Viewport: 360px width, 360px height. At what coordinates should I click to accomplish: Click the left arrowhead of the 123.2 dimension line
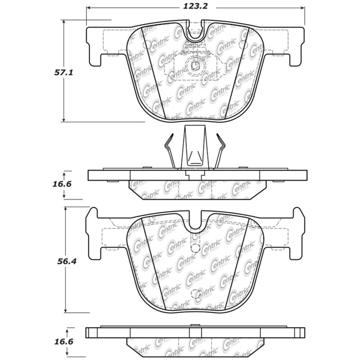coord(88,8)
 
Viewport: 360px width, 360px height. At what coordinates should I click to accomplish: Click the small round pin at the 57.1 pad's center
coord(195,66)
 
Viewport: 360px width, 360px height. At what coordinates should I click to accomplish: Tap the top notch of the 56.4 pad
coord(195,222)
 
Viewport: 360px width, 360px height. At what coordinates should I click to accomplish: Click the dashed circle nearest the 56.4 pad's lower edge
coord(196,295)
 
